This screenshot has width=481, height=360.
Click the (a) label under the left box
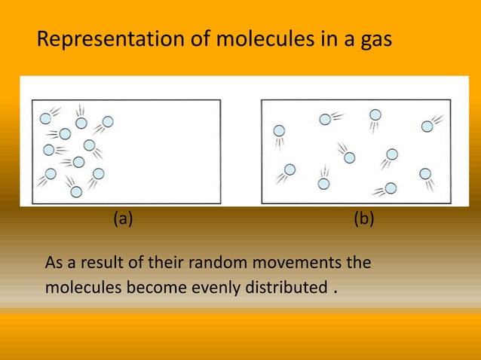(123, 219)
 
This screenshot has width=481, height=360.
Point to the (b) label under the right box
(364, 219)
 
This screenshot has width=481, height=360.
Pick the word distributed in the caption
(274, 288)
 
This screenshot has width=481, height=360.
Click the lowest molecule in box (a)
(76, 191)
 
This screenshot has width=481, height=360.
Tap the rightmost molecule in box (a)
(108, 121)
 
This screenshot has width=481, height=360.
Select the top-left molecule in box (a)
(46, 118)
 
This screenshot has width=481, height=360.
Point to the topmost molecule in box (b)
(375, 114)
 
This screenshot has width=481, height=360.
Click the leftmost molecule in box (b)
(279, 131)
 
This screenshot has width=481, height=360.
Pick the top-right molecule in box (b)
(427, 127)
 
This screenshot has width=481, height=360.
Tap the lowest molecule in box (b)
(391, 188)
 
